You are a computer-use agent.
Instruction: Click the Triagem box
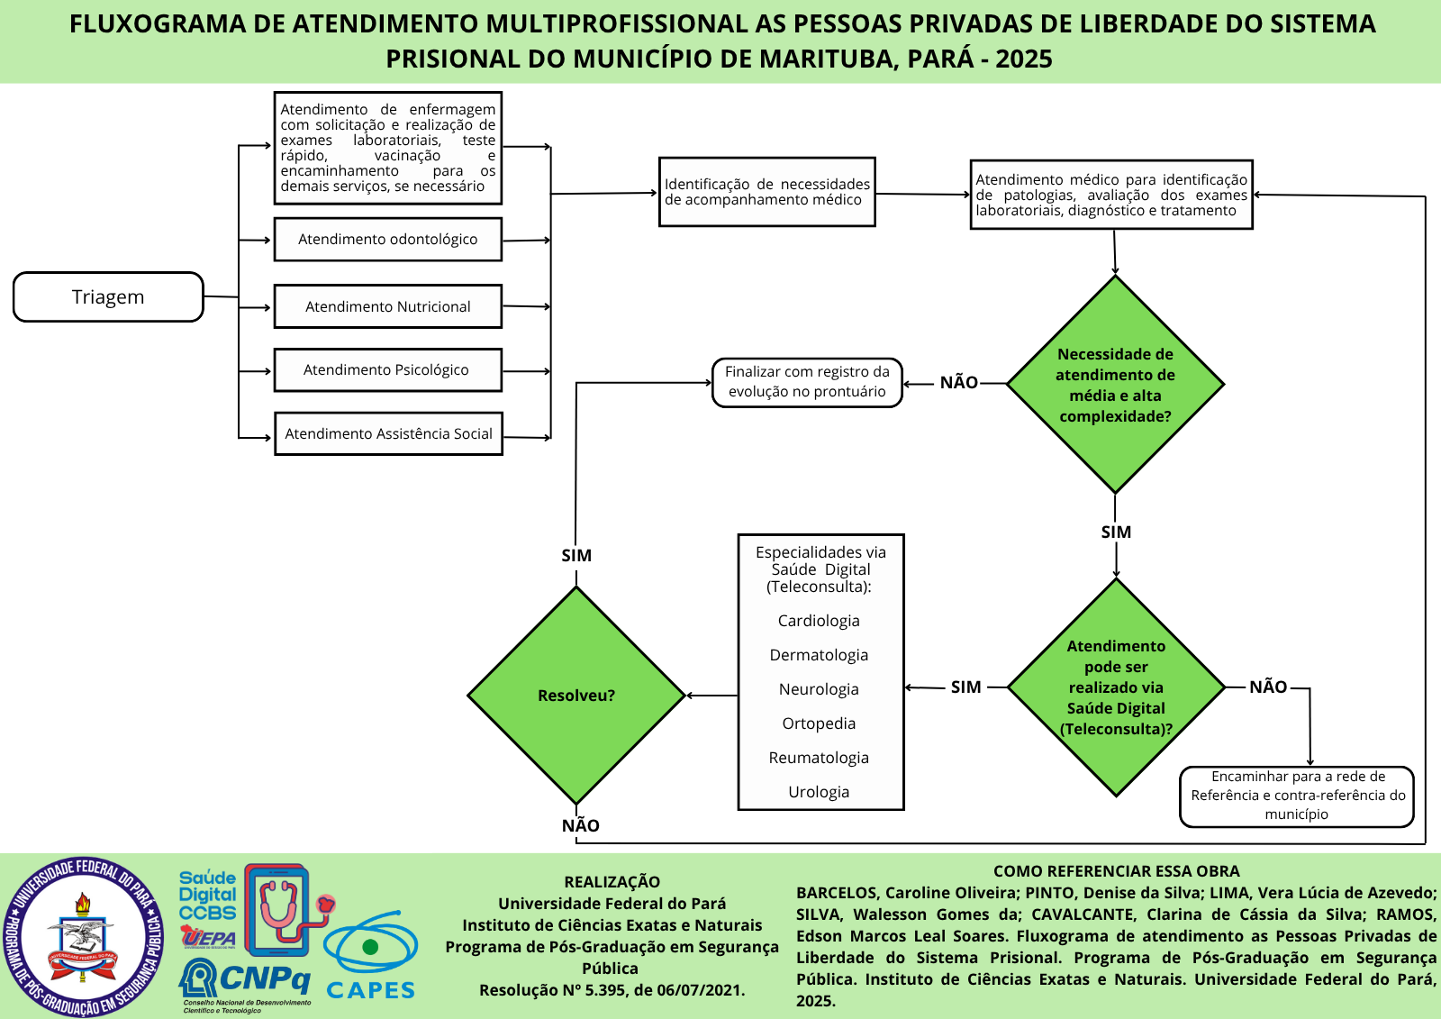pyautogui.click(x=108, y=297)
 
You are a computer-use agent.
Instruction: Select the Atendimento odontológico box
pyautogui.click(x=388, y=240)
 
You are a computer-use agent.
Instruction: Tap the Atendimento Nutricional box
pyautogui.click(x=388, y=307)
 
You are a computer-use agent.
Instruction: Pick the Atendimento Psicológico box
pyautogui.click(x=387, y=370)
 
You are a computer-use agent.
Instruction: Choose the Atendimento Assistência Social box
pyautogui.click(x=388, y=434)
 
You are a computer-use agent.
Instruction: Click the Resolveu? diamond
pyautogui.click(x=576, y=696)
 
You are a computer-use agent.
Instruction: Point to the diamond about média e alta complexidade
pyautogui.click(x=1115, y=385)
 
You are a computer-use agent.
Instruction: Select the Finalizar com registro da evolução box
pyautogui.click(x=807, y=382)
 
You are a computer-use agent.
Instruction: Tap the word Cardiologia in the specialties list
pyautogui.click(x=819, y=621)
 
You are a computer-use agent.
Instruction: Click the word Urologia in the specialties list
pyautogui.click(x=819, y=792)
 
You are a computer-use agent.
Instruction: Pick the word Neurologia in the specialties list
pyautogui.click(x=819, y=689)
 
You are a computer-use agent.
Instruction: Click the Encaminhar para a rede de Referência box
pyautogui.click(x=1297, y=796)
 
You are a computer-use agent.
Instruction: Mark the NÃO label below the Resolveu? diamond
pyautogui.click(x=581, y=825)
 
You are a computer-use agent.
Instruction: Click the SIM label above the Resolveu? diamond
pyautogui.click(x=576, y=556)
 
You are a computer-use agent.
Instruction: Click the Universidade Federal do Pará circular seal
pyautogui.click(x=83, y=937)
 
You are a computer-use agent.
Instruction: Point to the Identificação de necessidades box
pyautogui.click(x=767, y=192)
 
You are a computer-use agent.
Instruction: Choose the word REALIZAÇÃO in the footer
pyautogui.click(x=612, y=882)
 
